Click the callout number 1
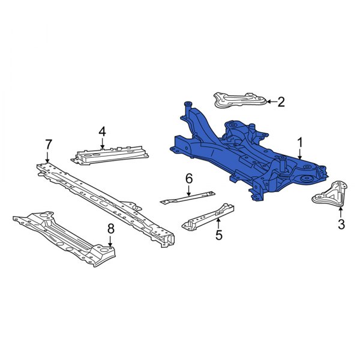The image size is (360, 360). coord(300,142)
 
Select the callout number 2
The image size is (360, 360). coord(281,102)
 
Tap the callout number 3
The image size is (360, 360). coord(341,224)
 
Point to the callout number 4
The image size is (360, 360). coord(103,131)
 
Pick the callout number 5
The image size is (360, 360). coord(218,235)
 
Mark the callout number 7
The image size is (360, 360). coord(49,144)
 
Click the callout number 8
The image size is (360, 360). coord(110,228)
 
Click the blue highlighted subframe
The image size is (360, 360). coord(240,156)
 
